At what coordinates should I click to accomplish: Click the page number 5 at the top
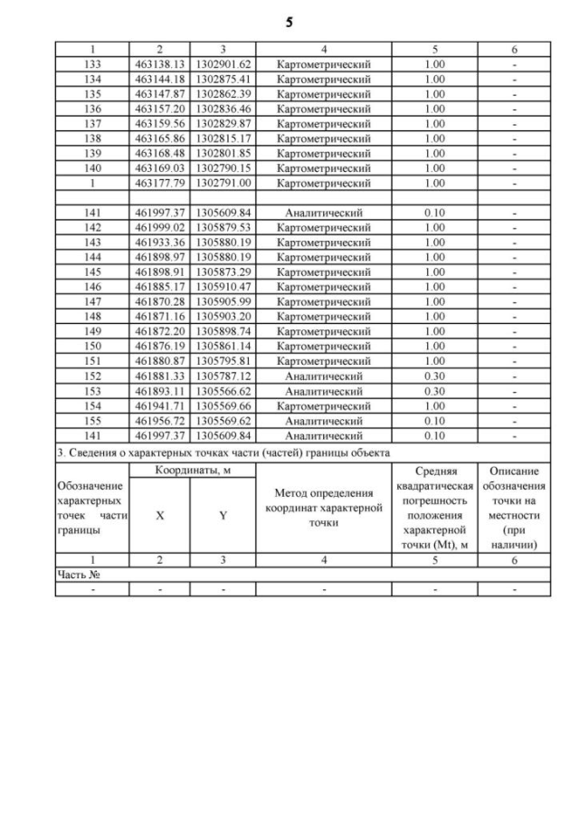click(x=289, y=23)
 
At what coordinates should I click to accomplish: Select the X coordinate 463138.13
click(x=159, y=64)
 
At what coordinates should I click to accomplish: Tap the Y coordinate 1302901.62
click(x=223, y=64)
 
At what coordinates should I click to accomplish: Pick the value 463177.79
click(x=159, y=182)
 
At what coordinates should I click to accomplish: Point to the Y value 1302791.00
click(x=223, y=182)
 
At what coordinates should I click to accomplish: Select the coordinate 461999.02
click(x=159, y=226)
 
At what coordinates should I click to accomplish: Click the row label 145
click(x=91, y=271)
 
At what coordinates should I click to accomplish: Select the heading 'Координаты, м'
click(x=193, y=471)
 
